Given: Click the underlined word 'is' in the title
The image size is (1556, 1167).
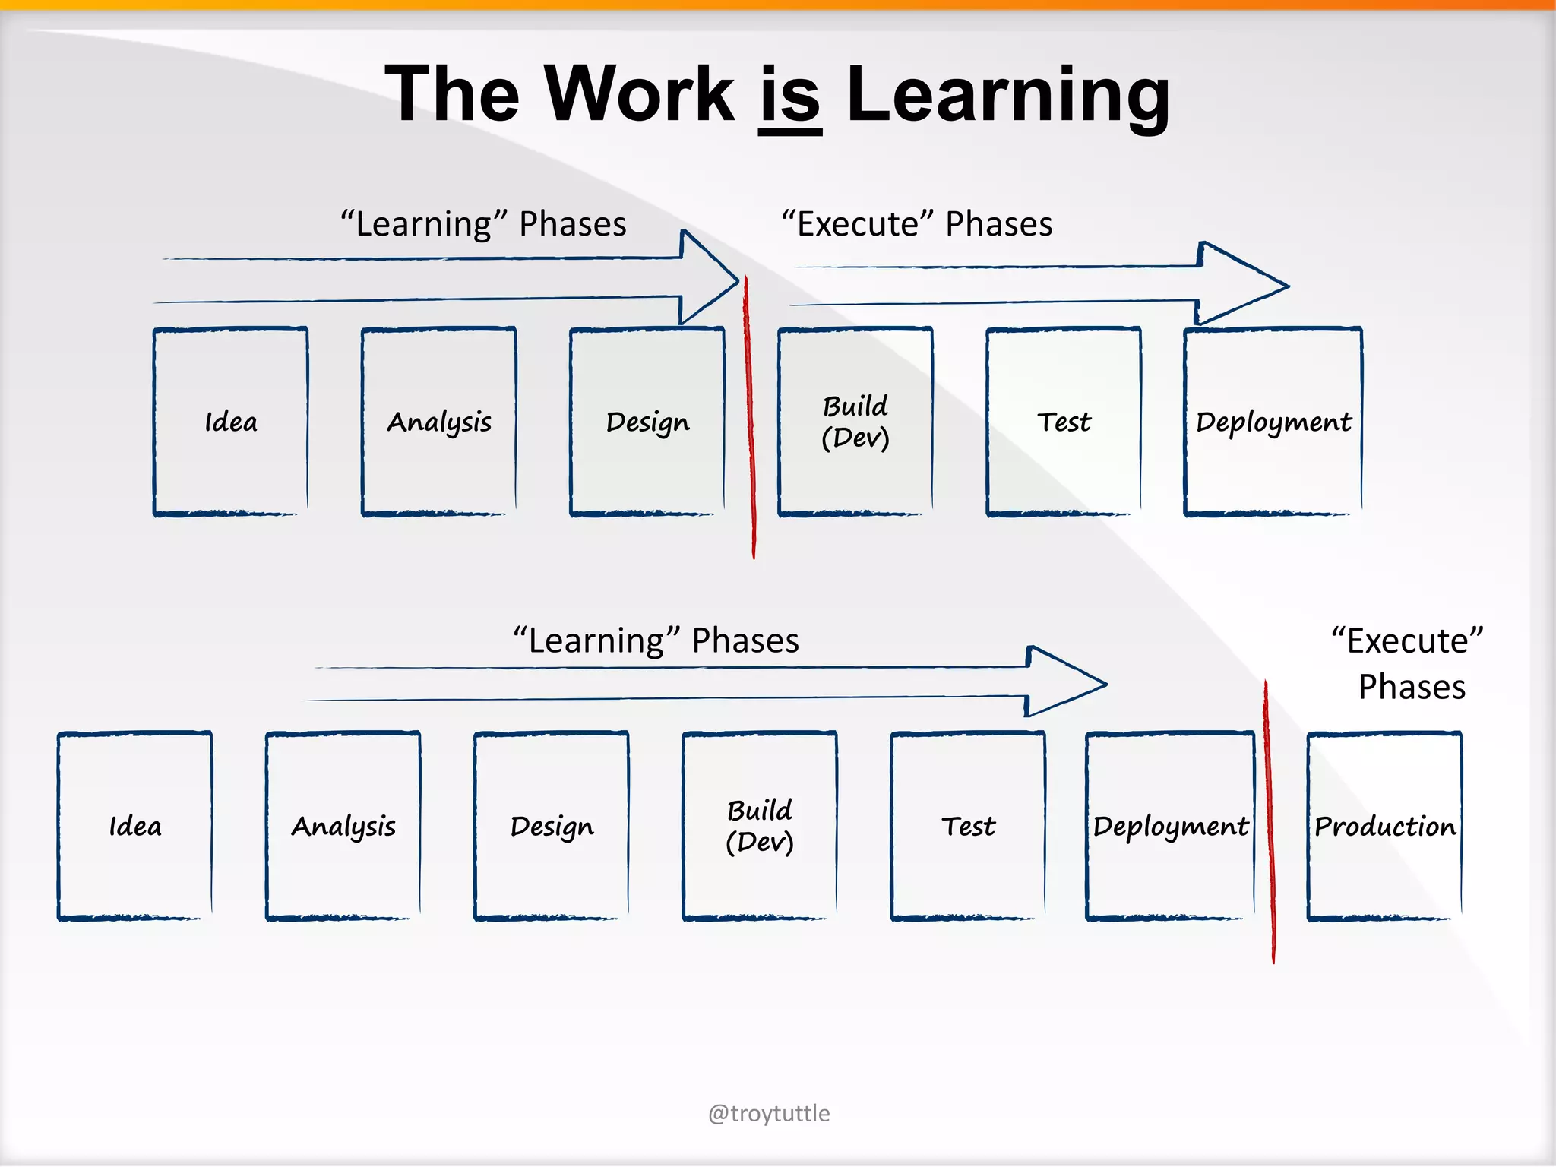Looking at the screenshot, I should pos(790,95).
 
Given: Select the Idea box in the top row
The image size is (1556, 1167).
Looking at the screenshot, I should pos(231,422).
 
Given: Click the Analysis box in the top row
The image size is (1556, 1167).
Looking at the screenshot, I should pos(439,422).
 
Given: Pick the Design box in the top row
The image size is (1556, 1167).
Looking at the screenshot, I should pos(647,422).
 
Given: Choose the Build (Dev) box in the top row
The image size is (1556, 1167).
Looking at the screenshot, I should pos(855,422).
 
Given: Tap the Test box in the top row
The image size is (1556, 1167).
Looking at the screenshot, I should pos(1064,422).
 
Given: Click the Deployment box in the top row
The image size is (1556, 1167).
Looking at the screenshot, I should pos(1273,422).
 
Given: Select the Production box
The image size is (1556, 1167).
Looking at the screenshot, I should pos(1384,826).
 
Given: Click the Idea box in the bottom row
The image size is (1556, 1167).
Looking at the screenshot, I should pos(135,826).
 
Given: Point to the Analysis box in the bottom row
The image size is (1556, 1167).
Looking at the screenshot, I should pos(343,826).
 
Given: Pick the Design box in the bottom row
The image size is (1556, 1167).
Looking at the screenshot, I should pos(552,826).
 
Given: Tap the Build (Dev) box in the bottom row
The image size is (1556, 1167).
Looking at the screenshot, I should pos(760,826).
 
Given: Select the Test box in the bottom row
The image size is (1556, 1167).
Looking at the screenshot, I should pos(968,826).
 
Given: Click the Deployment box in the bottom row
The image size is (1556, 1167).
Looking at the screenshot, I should pos(1170,826).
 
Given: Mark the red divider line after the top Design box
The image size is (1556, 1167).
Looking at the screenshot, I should pos(750,418).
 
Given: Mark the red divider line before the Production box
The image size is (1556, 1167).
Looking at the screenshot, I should pos(1269,821).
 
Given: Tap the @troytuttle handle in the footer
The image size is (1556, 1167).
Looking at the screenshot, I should pos(769,1113).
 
